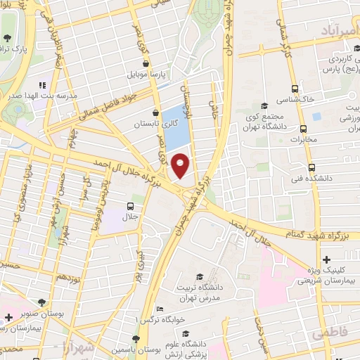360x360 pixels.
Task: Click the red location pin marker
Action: (181, 166)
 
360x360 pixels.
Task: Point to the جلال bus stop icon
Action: (129, 207)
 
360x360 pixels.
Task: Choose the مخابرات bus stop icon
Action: (304, 129)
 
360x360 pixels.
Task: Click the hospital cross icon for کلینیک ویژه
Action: (326, 260)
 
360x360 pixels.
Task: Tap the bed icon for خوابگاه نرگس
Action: (160, 309)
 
